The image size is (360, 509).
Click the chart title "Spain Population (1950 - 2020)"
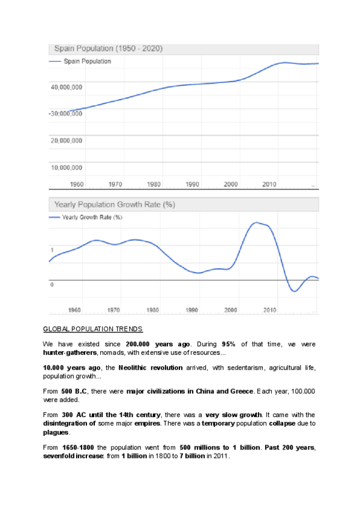tap(109, 48)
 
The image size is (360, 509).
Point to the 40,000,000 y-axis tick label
tap(67, 88)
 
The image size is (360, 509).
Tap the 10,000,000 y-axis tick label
tap(67, 167)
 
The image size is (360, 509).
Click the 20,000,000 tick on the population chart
tap(67, 140)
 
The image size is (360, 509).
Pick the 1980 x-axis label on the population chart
tap(154, 184)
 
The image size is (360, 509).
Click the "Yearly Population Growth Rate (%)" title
tap(115, 205)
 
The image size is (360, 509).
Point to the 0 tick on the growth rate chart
tap(52, 285)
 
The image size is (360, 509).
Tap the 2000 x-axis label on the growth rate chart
tap(230, 310)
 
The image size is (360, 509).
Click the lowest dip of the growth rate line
tap(294, 291)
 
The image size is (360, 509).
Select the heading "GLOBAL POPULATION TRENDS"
tap(93, 329)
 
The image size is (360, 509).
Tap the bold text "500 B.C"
tap(73, 391)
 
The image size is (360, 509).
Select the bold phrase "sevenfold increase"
tap(74, 456)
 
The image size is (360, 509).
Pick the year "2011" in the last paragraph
tap(221, 456)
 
